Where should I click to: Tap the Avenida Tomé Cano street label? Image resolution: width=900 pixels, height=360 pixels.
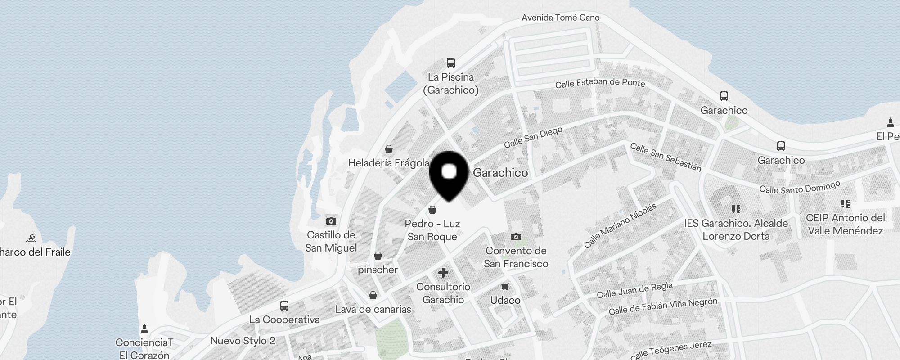(560, 18)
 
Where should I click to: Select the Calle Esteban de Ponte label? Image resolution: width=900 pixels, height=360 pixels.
(600, 83)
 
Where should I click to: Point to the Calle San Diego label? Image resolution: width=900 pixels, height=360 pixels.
(533, 137)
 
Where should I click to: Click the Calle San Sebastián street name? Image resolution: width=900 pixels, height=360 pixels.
(666, 157)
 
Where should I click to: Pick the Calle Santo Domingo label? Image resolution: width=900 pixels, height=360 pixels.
(800, 188)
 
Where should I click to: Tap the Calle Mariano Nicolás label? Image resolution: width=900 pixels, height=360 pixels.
(620, 225)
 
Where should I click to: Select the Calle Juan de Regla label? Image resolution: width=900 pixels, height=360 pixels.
(634, 290)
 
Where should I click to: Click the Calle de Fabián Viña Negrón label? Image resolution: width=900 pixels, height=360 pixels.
(663, 306)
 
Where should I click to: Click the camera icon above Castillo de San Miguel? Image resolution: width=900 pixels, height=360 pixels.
(331, 221)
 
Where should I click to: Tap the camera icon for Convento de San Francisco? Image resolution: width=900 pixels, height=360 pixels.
(516, 237)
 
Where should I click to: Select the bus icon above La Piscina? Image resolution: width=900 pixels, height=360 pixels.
(451, 63)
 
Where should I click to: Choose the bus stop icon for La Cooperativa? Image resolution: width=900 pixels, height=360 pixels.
(284, 306)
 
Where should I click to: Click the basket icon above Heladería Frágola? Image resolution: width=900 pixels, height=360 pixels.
(389, 149)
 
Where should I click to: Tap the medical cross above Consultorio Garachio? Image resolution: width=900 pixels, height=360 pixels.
(443, 273)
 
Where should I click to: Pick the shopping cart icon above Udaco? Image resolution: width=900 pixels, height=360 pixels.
(505, 286)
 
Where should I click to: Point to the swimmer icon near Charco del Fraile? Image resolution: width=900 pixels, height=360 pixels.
(31, 238)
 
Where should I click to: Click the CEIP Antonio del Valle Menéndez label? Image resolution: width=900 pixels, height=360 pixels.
(845, 224)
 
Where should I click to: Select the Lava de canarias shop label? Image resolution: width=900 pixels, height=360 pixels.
(373, 309)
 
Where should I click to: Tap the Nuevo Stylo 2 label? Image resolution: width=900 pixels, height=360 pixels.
(243, 341)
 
